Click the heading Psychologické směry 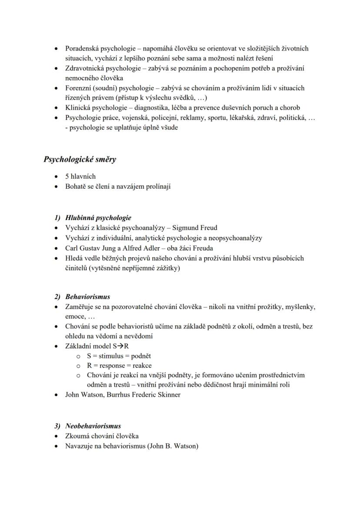tap(80, 159)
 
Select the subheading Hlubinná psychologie tap(98, 218)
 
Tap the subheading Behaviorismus tap(87, 297)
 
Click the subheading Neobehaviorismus tap(93, 426)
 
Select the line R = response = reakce tap(119, 366)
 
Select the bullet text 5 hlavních tap(80, 176)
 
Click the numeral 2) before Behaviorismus tap(58, 297)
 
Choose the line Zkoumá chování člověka tap(102, 436)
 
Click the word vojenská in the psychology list tap(128, 118)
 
